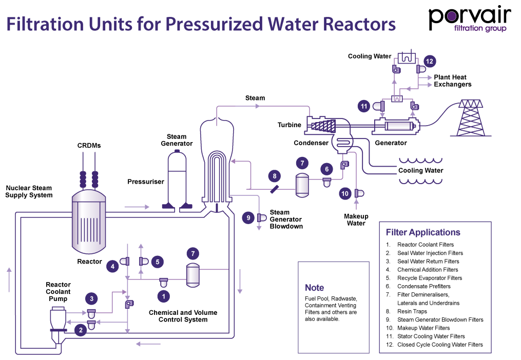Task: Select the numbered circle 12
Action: pos(430,62)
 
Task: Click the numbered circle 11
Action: pos(364,106)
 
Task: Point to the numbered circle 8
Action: pos(275,176)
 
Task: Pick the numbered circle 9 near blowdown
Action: pos(248,217)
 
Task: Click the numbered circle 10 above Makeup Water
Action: pos(345,193)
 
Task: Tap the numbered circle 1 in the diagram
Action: pos(163,296)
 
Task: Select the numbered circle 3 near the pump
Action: pos(91,298)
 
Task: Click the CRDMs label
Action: pos(89,146)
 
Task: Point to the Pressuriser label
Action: pos(146,182)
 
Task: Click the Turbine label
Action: pos(290,125)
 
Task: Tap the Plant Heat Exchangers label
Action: pos(452,81)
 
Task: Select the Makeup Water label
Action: pos(356,220)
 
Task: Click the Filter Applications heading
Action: pos(423,232)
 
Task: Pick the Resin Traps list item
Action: pos(412,311)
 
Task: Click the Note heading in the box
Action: pos(314,288)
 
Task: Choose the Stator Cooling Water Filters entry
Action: pos(431,336)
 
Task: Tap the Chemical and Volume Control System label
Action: pos(183,316)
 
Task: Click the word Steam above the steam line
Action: pos(255,98)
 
